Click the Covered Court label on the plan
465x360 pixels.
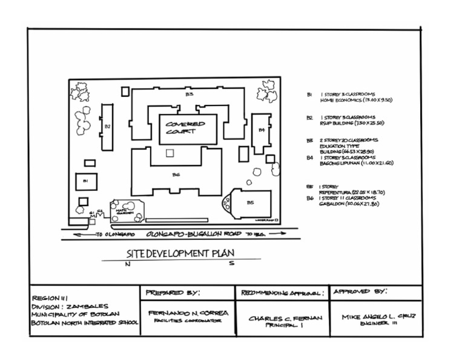[185, 128]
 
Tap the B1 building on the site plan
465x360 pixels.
[85, 181]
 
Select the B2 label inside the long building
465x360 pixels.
[107, 127]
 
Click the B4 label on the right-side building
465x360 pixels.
[262, 130]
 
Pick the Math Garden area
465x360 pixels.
[124, 210]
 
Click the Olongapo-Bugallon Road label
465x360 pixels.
[190, 233]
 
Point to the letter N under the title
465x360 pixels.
[127, 264]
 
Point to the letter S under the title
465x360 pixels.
[231, 264]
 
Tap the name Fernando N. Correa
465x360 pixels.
[188, 313]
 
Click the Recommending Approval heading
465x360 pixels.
[282, 293]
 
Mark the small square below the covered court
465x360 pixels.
[170, 153]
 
